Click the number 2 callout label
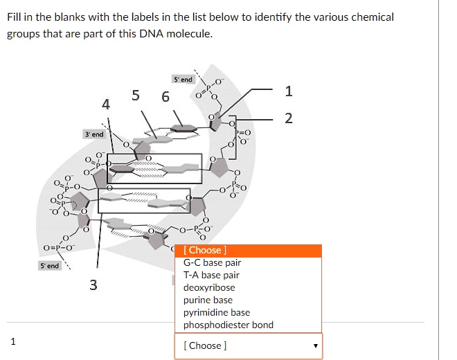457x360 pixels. point(289,118)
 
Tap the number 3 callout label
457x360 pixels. point(93,284)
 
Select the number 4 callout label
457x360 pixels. point(105,105)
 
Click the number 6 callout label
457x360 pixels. point(165,97)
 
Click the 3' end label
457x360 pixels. point(93,134)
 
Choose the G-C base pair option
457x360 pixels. point(212,263)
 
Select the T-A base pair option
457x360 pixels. point(211,276)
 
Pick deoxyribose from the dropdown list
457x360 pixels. point(209,288)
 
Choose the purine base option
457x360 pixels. point(208,300)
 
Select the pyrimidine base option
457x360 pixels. point(216,313)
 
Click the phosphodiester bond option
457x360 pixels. point(228,325)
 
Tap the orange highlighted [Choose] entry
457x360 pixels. point(205,251)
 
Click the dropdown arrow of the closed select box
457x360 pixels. point(316,345)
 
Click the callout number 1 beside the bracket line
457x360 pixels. point(289,91)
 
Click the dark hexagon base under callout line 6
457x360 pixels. point(182,127)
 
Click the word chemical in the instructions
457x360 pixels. point(373,17)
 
